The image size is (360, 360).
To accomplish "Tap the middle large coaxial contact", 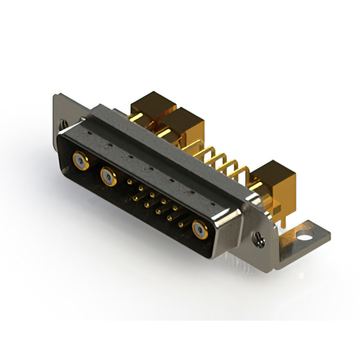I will pyautogui.click(x=108, y=177).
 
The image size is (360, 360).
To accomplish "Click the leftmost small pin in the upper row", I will pyautogui.click(x=130, y=183).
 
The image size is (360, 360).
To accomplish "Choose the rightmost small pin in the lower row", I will pyautogui.click(x=181, y=224).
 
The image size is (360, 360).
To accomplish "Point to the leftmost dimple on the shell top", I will pyautogui.click(x=88, y=133).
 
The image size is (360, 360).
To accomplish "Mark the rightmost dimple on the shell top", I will pyautogui.click(x=212, y=202).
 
